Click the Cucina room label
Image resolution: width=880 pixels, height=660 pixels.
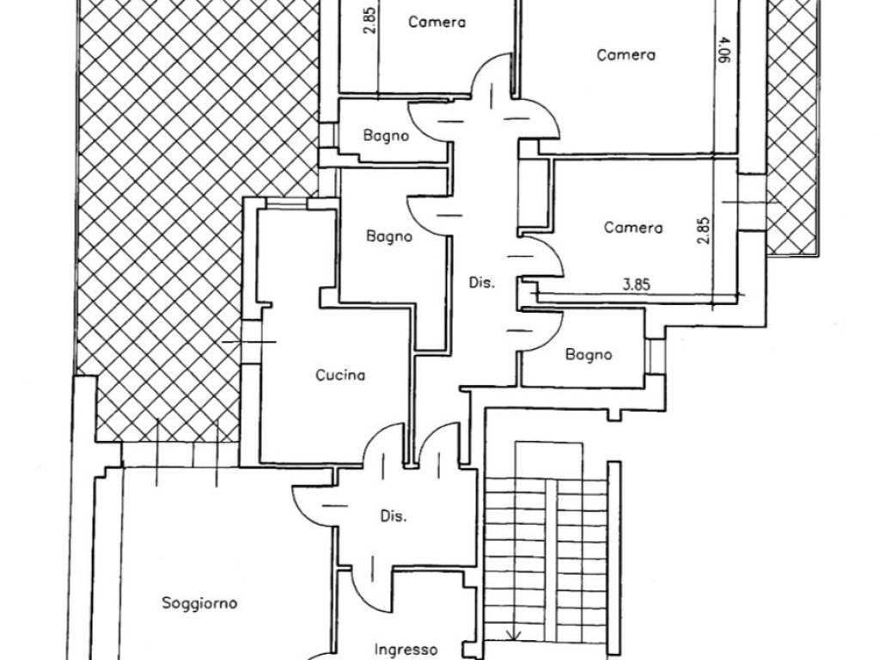340,375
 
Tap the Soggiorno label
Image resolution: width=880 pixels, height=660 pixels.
199,603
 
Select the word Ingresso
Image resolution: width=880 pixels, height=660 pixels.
406,650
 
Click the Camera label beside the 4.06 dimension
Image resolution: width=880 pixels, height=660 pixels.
626,55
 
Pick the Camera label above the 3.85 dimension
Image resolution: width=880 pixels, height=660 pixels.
633,227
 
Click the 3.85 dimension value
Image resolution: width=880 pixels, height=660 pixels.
637,284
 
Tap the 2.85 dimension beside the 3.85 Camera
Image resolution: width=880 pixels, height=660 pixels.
704,230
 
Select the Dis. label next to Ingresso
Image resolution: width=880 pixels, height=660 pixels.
394,516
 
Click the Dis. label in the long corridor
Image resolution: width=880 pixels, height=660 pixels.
482,283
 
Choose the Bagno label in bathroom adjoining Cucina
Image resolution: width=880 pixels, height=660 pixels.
389,236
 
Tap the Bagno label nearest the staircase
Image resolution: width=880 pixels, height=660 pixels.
589,355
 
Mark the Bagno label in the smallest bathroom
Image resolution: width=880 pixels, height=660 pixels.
386,135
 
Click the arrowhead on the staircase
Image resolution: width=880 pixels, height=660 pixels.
514,634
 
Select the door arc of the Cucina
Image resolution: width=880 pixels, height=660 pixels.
383,444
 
